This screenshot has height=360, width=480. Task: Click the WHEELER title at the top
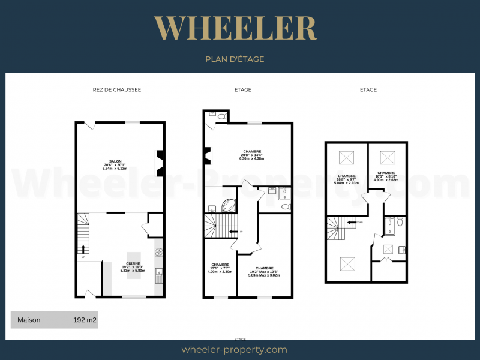click(x=235, y=28)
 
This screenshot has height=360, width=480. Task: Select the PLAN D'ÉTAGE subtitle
click(x=235, y=59)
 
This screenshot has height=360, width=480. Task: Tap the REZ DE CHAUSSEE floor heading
click(x=116, y=90)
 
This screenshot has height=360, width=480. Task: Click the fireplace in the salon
click(x=160, y=163)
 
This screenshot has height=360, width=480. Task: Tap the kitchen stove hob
click(x=159, y=253)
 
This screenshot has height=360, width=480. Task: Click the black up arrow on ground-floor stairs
click(x=83, y=248)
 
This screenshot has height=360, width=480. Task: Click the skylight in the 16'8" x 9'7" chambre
click(x=346, y=158)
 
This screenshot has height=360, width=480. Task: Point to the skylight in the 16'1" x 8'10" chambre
click(x=386, y=158)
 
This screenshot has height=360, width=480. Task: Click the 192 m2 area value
click(x=85, y=320)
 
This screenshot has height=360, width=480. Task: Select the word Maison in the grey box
click(x=29, y=320)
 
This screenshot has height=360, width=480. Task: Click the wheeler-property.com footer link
click(x=234, y=349)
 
